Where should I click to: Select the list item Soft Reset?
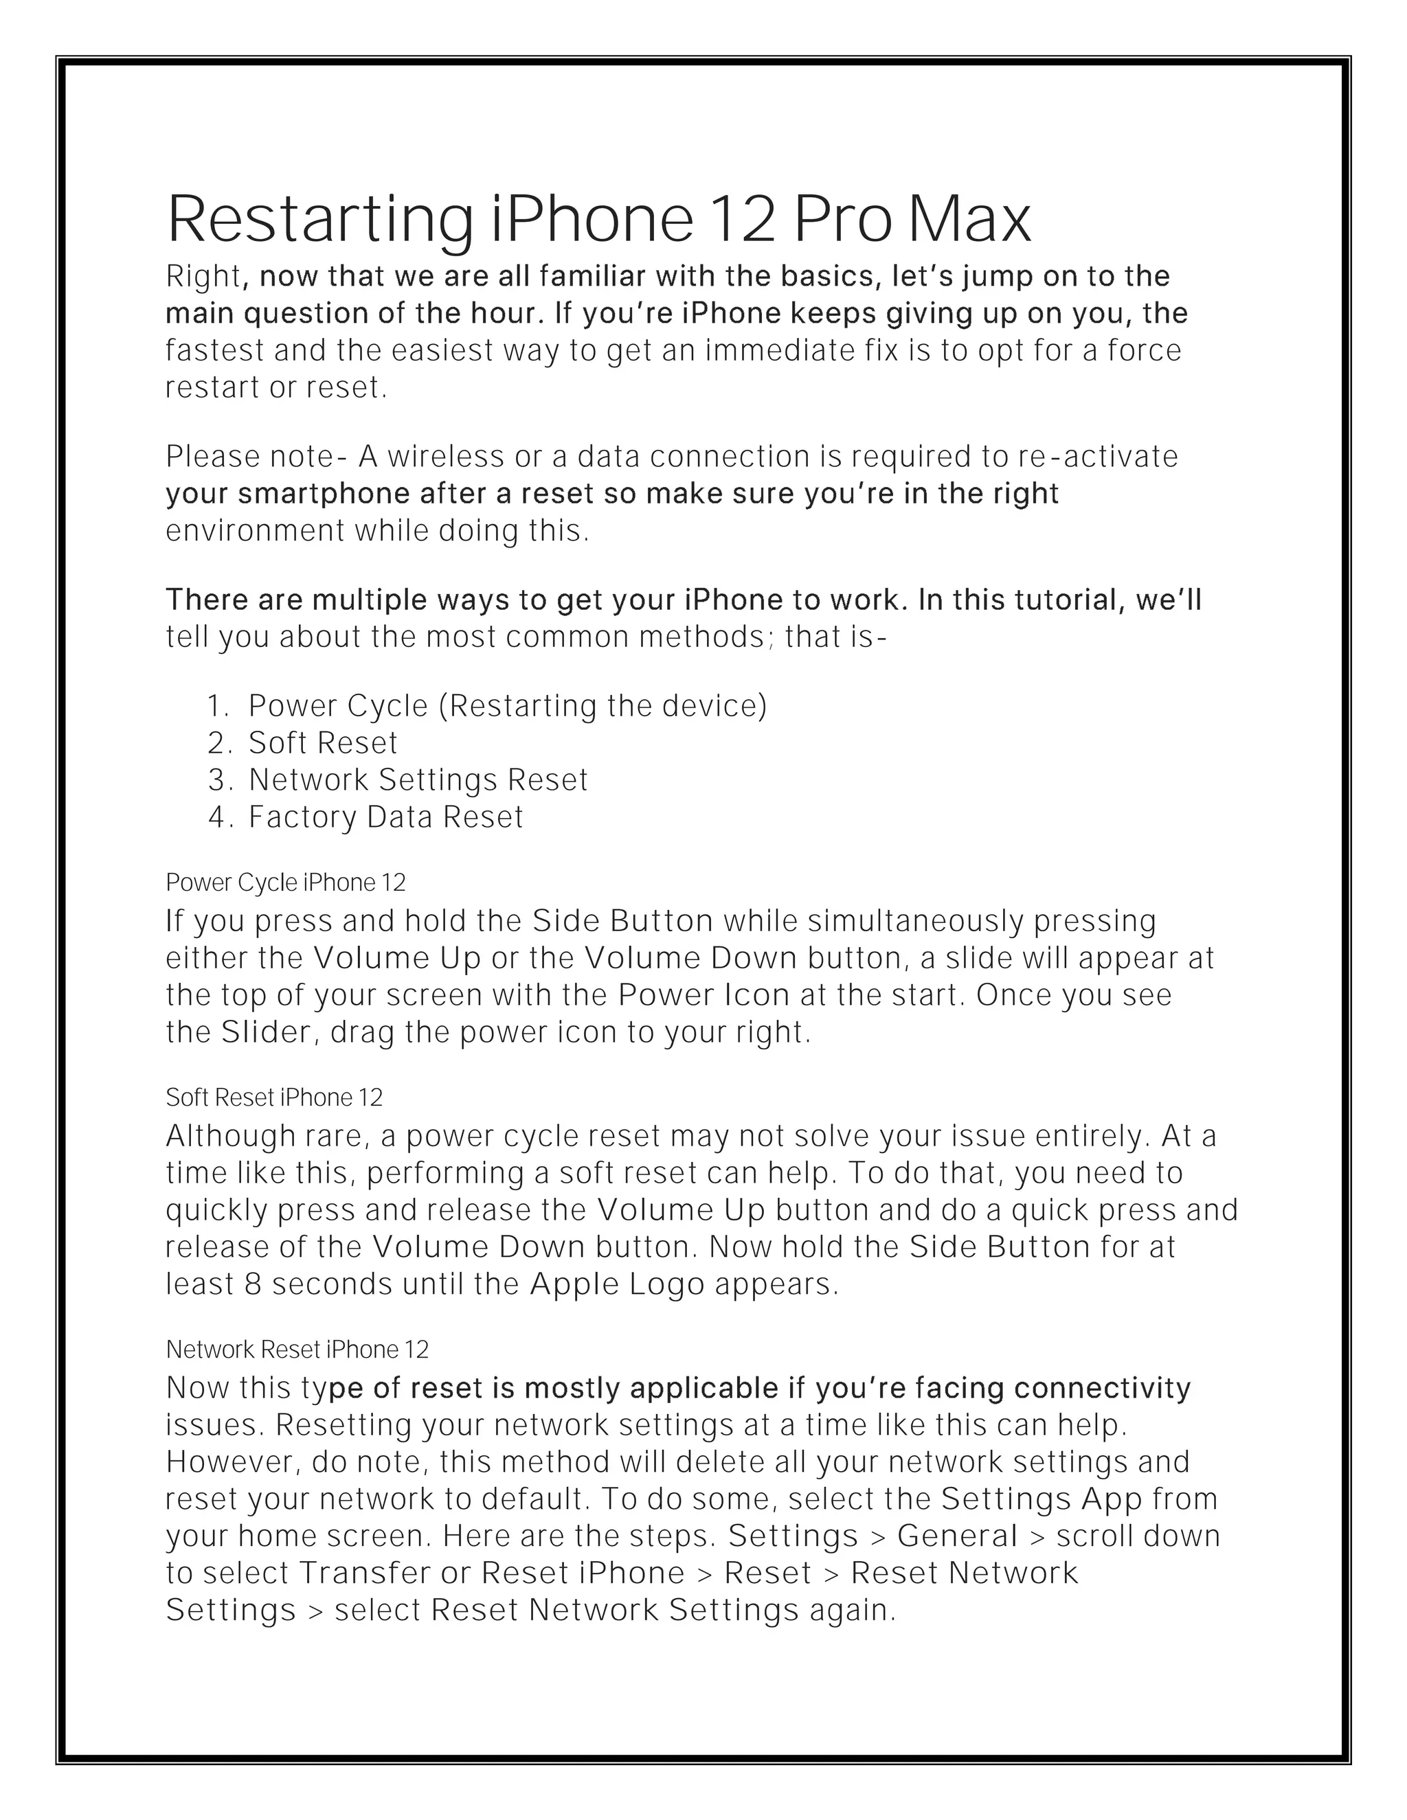[x=323, y=742]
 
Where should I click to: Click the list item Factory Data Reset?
[x=386, y=817]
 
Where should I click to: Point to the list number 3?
[x=218, y=780]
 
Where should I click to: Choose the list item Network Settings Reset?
[x=418, y=780]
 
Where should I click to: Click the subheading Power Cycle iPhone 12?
[x=286, y=883]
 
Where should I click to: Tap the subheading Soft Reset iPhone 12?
[x=274, y=1097]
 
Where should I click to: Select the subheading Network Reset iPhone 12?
[x=297, y=1349]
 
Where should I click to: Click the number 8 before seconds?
[x=254, y=1284]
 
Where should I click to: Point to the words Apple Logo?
[x=618, y=1284]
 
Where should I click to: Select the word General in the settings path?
[x=958, y=1536]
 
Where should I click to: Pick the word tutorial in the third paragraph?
[x=1064, y=600]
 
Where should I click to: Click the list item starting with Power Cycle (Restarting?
[x=507, y=706]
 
